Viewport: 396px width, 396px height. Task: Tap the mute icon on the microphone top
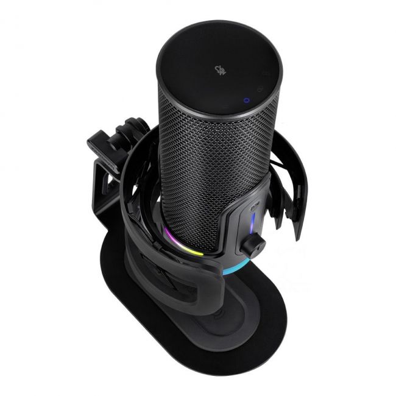tap(221, 70)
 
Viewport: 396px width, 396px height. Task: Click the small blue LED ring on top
tap(245, 101)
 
